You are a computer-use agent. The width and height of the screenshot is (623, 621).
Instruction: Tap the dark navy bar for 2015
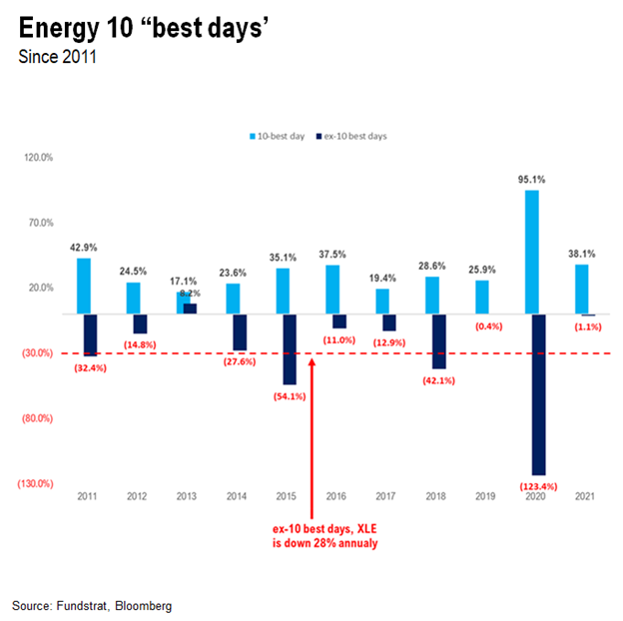(x=290, y=348)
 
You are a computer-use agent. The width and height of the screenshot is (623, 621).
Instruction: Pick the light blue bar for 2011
(x=83, y=286)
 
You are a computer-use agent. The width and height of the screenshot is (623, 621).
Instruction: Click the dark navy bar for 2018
(x=439, y=341)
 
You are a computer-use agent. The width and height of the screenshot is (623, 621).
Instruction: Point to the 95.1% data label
(x=533, y=180)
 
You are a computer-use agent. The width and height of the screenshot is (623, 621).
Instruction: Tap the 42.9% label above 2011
(x=84, y=249)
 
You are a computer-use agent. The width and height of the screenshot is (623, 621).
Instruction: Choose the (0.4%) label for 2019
(x=488, y=325)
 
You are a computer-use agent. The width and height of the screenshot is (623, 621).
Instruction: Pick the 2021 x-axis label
(x=586, y=496)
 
